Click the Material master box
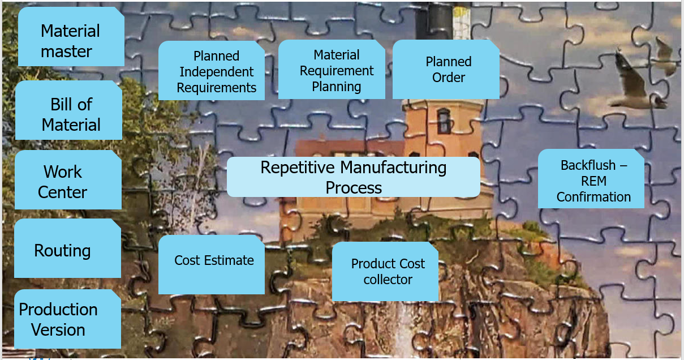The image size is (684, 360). pyautogui.click(x=71, y=37)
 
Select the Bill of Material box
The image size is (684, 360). pyautogui.click(x=68, y=110)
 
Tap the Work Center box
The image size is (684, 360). pyautogui.click(x=68, y=180)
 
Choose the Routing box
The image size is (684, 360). pyautogui.click(x=67, y=248)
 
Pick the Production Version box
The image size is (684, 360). pyautogui.click(x=67, y=319)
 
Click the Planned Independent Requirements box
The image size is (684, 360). pyautogui.click(x=211, y=71)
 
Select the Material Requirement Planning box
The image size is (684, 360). pyautogui.click(x=332, y=70)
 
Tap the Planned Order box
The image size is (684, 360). pyautogui.click(x=446, y=69)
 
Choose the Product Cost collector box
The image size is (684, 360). pyautogui.click(x=385, y=272)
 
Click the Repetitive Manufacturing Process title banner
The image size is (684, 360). pyautogui.click(x=354, y=177)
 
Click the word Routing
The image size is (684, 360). pyautogui.click(x=62, y=250)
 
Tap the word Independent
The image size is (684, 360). pyautogui.click(x=217, y=72)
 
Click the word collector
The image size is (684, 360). pyautogui.click(x=388, y=280)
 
